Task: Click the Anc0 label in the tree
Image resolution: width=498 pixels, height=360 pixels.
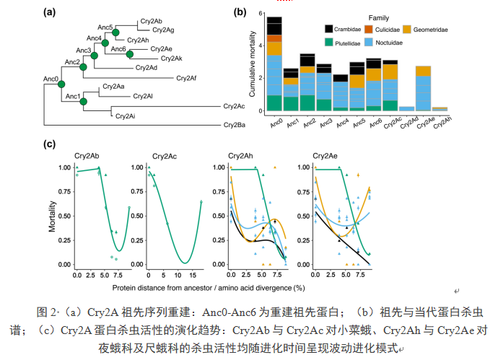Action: point(51,78)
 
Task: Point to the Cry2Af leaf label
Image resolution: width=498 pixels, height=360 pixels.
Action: point(186,77)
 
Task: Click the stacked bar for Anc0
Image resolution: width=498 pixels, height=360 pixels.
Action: point(274,65)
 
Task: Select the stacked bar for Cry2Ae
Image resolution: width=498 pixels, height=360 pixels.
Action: point(423,89)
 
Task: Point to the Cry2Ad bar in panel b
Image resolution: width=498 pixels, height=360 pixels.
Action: point(406,109)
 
